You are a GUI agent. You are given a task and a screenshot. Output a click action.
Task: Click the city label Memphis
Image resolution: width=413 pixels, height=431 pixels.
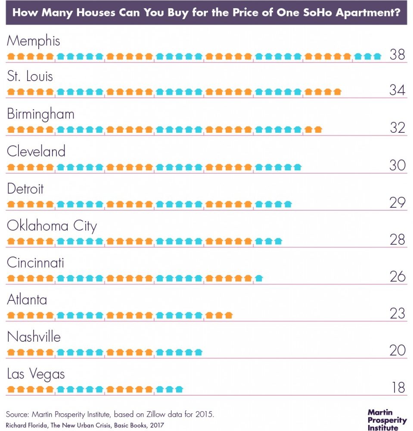click(33, 41)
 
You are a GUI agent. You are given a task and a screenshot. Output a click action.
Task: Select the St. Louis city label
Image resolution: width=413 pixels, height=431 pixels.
click(30, 77)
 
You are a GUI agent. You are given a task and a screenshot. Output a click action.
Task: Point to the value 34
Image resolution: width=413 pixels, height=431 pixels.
click(397, 91)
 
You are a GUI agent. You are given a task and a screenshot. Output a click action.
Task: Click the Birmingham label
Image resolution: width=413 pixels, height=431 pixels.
click(41, 115)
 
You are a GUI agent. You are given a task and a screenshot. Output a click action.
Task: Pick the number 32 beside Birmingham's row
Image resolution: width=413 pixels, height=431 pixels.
click(397, 128)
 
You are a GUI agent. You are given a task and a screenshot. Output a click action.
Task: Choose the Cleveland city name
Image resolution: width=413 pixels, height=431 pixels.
click(36, 151)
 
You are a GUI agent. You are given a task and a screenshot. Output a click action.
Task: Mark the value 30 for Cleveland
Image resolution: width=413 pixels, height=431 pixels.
click(397, 165)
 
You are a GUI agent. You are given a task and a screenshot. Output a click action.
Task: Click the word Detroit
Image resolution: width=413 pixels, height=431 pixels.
click(25, 189)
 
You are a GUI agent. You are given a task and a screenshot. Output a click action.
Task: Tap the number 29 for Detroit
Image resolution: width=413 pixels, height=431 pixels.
click(397, 202)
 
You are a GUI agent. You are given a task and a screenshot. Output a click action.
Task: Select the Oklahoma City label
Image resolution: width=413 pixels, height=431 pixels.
click(52, 226)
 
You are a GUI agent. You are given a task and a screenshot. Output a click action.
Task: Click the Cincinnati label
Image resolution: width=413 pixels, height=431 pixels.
click(35, 262)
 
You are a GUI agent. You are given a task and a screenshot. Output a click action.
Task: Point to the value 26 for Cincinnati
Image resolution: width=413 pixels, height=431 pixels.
click(397, 276)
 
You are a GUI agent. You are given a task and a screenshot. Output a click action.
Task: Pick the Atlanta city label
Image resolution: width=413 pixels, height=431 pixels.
click(27, 300)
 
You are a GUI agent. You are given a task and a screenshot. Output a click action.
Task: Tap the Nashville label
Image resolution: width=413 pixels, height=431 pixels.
click(34, 337)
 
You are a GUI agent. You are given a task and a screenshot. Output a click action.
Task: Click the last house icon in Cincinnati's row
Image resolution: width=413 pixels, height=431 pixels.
click(259, 278)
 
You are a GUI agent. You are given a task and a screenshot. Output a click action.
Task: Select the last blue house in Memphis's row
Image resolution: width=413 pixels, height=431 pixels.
click(377, 56)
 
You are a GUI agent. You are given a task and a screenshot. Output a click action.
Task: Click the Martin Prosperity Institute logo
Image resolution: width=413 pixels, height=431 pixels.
click(387, 420)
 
